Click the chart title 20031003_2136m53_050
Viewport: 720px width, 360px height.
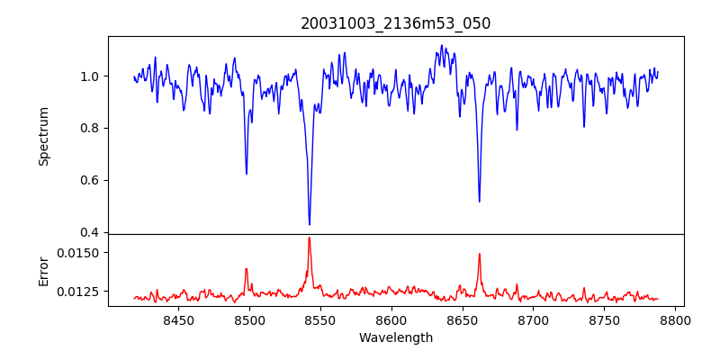pos(396,23)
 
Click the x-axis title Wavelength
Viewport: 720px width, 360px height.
pos(396,337)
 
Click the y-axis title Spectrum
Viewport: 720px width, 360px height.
pos(43,136)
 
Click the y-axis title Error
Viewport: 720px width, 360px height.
pos(43,270)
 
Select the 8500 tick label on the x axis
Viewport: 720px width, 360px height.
pos(249,319)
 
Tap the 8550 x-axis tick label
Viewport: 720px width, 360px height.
pos(320,319)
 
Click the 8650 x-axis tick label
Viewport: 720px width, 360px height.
pos(463,319)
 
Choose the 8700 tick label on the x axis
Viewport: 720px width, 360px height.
pos(534,319)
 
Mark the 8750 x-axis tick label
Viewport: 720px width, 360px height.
pos(605,319)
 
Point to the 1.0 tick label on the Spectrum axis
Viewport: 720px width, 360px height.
pos(90,76)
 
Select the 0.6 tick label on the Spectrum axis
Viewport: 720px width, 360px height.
pos(90,180)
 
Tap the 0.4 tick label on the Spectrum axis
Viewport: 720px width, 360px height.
pos(90,232)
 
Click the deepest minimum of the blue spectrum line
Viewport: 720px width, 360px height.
pos(310,224)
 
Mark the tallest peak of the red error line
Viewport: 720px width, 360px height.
pos(309,238)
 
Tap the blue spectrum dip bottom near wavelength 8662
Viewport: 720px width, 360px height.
pos(479,202)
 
